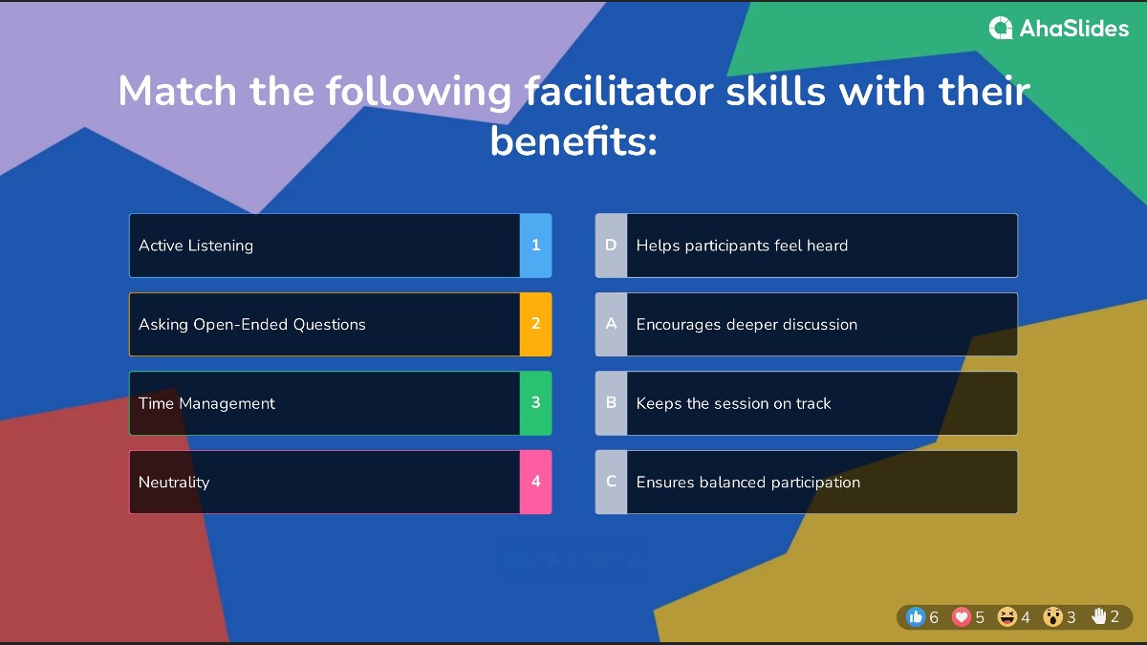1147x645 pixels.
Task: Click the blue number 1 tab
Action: click(535, 246)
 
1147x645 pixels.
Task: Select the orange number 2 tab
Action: click(535, 324)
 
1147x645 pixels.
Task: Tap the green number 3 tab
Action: click(535, 403)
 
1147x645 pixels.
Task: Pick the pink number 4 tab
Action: click(535, 482)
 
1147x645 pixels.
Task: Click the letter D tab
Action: click(611, 246)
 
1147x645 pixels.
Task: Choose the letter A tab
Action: click(611, 324)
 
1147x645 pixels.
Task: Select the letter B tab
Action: click(611, 403)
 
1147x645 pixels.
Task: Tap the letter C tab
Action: click(611, 482)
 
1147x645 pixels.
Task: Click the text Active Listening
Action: click(196, 246)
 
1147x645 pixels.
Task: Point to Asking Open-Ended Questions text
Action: click(252, 325)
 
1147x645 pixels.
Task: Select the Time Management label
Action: click(206, 403)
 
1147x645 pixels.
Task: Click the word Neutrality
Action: click(174, 483)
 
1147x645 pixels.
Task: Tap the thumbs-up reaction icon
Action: click(916, 617)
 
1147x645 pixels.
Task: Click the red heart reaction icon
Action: click(962, 617)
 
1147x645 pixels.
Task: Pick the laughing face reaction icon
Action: click(1006, 617)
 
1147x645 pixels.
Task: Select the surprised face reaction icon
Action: click(1052, 617)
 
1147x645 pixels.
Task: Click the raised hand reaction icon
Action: click(1098, 616)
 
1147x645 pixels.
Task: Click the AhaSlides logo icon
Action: click(1001, 28)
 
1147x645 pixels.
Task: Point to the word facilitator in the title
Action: click(618, 91)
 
